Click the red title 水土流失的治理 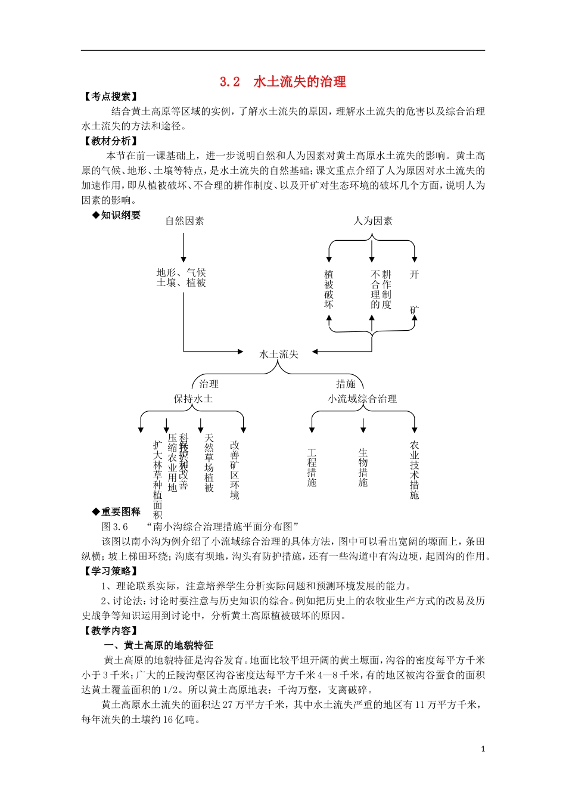(300, 82)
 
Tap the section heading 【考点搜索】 (111, 97)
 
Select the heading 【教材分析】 (111, 141)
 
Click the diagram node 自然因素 (185, 221)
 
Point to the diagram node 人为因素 (373, 221)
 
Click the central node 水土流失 (279, 355)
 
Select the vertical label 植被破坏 (329, 289)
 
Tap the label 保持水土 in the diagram (193, 399)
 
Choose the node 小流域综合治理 (362, 399)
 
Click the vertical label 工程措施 (312, 468)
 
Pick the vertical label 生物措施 (363, 468)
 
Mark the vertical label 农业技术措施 (414, 470)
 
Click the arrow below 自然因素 (184, 247)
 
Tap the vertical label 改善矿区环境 (235, 470)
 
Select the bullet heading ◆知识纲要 (117, 215)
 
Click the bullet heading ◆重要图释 (117, 512)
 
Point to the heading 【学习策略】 (111, 572)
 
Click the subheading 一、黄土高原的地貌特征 (158, 645)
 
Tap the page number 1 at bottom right (483, 749)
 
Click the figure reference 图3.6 (115, 527)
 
